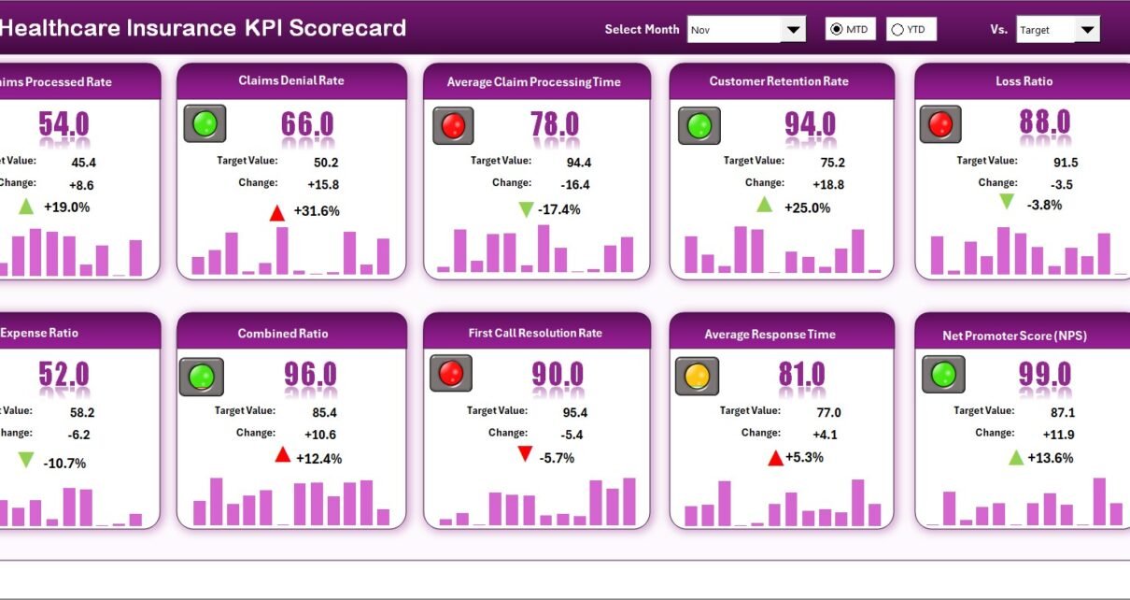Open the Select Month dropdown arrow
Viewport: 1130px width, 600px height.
tap(794, 30)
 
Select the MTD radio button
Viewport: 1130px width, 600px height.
tap(836, 30)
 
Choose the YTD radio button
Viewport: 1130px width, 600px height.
tap(897, 30)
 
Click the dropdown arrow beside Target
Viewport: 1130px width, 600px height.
tap(1087, 30)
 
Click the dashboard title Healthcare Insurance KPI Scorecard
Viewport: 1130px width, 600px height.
tap(203, 28)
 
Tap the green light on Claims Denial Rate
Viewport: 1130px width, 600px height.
tap(205, 123)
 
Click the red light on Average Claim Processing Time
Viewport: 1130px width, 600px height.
tap(453, 125)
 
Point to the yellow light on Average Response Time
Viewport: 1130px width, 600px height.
tap(697, 376)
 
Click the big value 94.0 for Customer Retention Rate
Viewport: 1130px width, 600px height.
tap(810, 124)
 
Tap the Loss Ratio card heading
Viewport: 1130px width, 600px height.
tap(1024, 81)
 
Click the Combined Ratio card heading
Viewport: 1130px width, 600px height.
tap(283, 334)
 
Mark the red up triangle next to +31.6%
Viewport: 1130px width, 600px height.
tap(276, 213)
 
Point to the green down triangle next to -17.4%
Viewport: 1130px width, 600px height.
tap(526, 209)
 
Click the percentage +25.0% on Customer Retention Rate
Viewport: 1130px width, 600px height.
tap(807, 207)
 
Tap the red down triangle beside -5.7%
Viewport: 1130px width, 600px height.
tap(525, 454)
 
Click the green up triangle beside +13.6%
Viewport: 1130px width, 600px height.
tap(1016, 457)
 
